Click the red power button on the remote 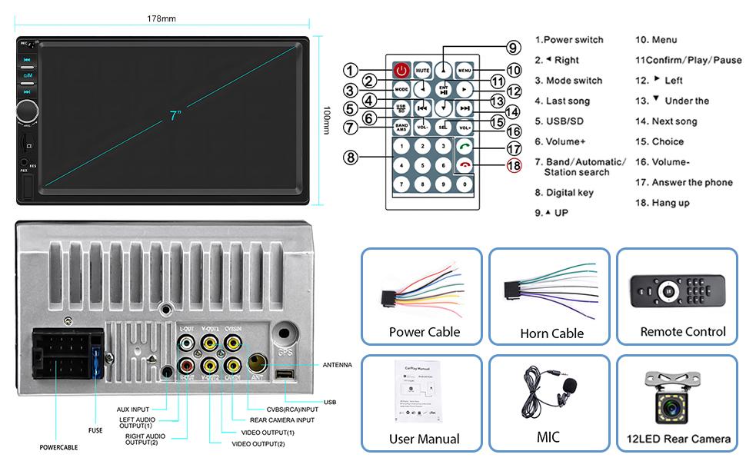tap(401, 71)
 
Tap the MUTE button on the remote tap(422, 71)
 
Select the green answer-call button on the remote tap(465, 146)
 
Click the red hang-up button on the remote tap(465, 164)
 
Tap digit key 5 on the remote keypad tap(421, 164)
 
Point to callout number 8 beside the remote tap(351, 158)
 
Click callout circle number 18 tap(514, 164)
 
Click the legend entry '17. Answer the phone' tap(684, 183)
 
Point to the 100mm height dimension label tap(327, 121)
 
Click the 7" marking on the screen tap(176, 116)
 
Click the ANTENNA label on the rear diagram tap(337, 365)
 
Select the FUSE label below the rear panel tap(95, 430)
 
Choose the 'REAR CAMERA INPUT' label tap(282, 420)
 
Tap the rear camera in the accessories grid tap(673, 396)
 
